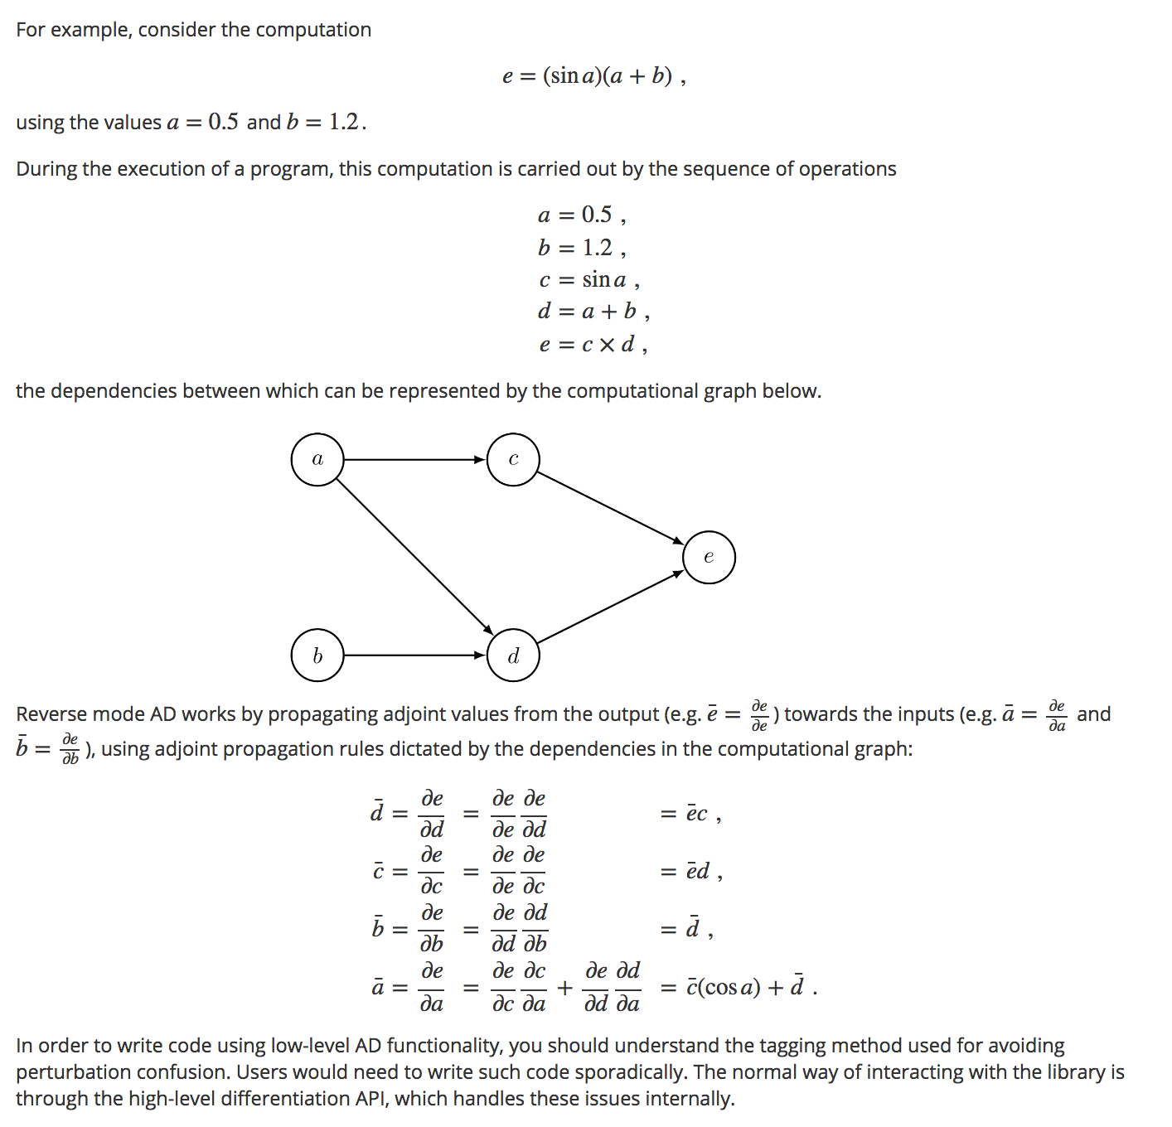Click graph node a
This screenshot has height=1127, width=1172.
317,459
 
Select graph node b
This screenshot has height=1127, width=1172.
317,655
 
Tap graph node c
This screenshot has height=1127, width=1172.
513,459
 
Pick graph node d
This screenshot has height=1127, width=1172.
513,655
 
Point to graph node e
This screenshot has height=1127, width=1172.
709,557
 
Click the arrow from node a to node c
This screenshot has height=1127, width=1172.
414,459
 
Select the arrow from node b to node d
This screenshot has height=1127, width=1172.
414,655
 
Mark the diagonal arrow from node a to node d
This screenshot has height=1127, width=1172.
414,556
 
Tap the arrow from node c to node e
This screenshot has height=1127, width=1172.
611,508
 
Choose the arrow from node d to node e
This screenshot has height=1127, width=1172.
611,607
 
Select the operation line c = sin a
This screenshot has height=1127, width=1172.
588,280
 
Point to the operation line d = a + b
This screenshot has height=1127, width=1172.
592,312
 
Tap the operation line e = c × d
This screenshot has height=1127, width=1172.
592,344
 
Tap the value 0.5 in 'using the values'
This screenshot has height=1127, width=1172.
223,123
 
